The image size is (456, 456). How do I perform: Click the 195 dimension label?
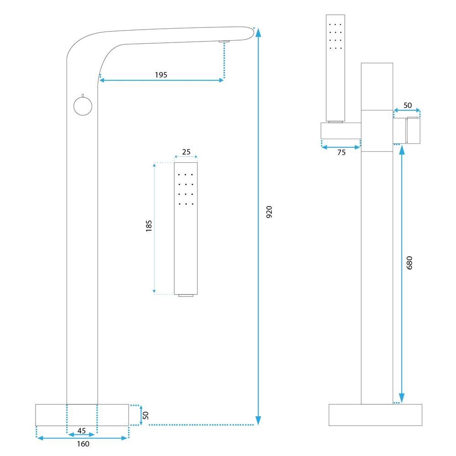point(161,75)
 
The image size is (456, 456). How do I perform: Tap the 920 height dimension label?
point(269,212)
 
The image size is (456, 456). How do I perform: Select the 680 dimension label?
point(409,263)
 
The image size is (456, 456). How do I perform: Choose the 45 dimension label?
point(82,430)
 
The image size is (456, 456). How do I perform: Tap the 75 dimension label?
point(341,153)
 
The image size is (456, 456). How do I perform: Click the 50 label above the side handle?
point(407,105)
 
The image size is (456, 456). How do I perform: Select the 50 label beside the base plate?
point(146,415)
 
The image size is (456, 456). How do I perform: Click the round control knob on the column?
point(83,106)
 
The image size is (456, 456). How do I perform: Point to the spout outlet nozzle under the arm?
point(224,41)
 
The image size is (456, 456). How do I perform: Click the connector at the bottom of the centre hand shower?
point(186,296)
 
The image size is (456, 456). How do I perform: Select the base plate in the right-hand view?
point(375,415)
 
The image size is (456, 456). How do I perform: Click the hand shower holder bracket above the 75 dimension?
point(341,131)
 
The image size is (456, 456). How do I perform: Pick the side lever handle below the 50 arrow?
point(407,130)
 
